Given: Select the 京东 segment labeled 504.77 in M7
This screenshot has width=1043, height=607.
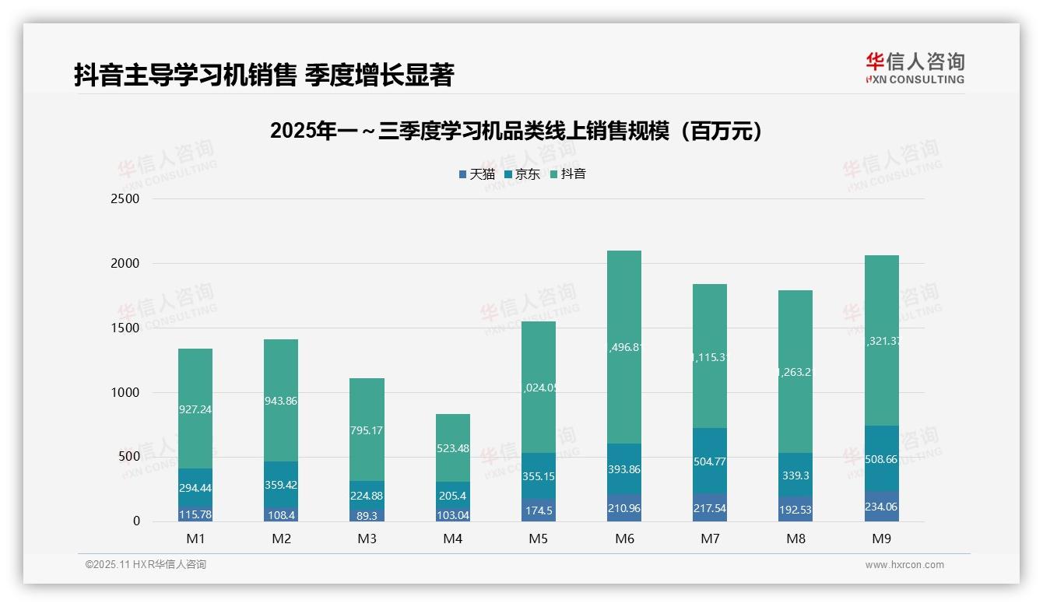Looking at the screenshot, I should [710, 461].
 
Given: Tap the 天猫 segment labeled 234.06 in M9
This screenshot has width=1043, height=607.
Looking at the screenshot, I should [881, 507].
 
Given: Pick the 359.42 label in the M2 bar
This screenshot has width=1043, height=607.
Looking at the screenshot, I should [281, 484].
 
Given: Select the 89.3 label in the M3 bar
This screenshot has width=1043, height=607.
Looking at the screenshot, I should [367, 515].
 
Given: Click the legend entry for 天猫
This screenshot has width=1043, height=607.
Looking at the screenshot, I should [476, 174].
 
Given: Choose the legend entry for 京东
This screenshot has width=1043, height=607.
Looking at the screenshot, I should [522, 174].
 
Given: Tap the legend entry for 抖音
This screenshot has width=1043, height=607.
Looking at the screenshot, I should [568, 174].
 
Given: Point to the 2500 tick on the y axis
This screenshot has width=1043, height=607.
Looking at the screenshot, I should [125, 198].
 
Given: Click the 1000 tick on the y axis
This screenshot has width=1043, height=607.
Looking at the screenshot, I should [125, 392].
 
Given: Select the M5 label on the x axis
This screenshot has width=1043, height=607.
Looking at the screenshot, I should [539, 539].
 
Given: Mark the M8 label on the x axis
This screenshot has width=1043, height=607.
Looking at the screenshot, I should [795, 539].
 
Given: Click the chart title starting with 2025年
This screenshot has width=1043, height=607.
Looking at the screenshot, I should [517, 131].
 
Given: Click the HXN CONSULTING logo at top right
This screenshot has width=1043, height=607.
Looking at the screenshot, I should [915, 68].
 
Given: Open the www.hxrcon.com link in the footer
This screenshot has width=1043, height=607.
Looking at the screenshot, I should [904, 565].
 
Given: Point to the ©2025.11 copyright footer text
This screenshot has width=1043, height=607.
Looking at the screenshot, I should [146, 565].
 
